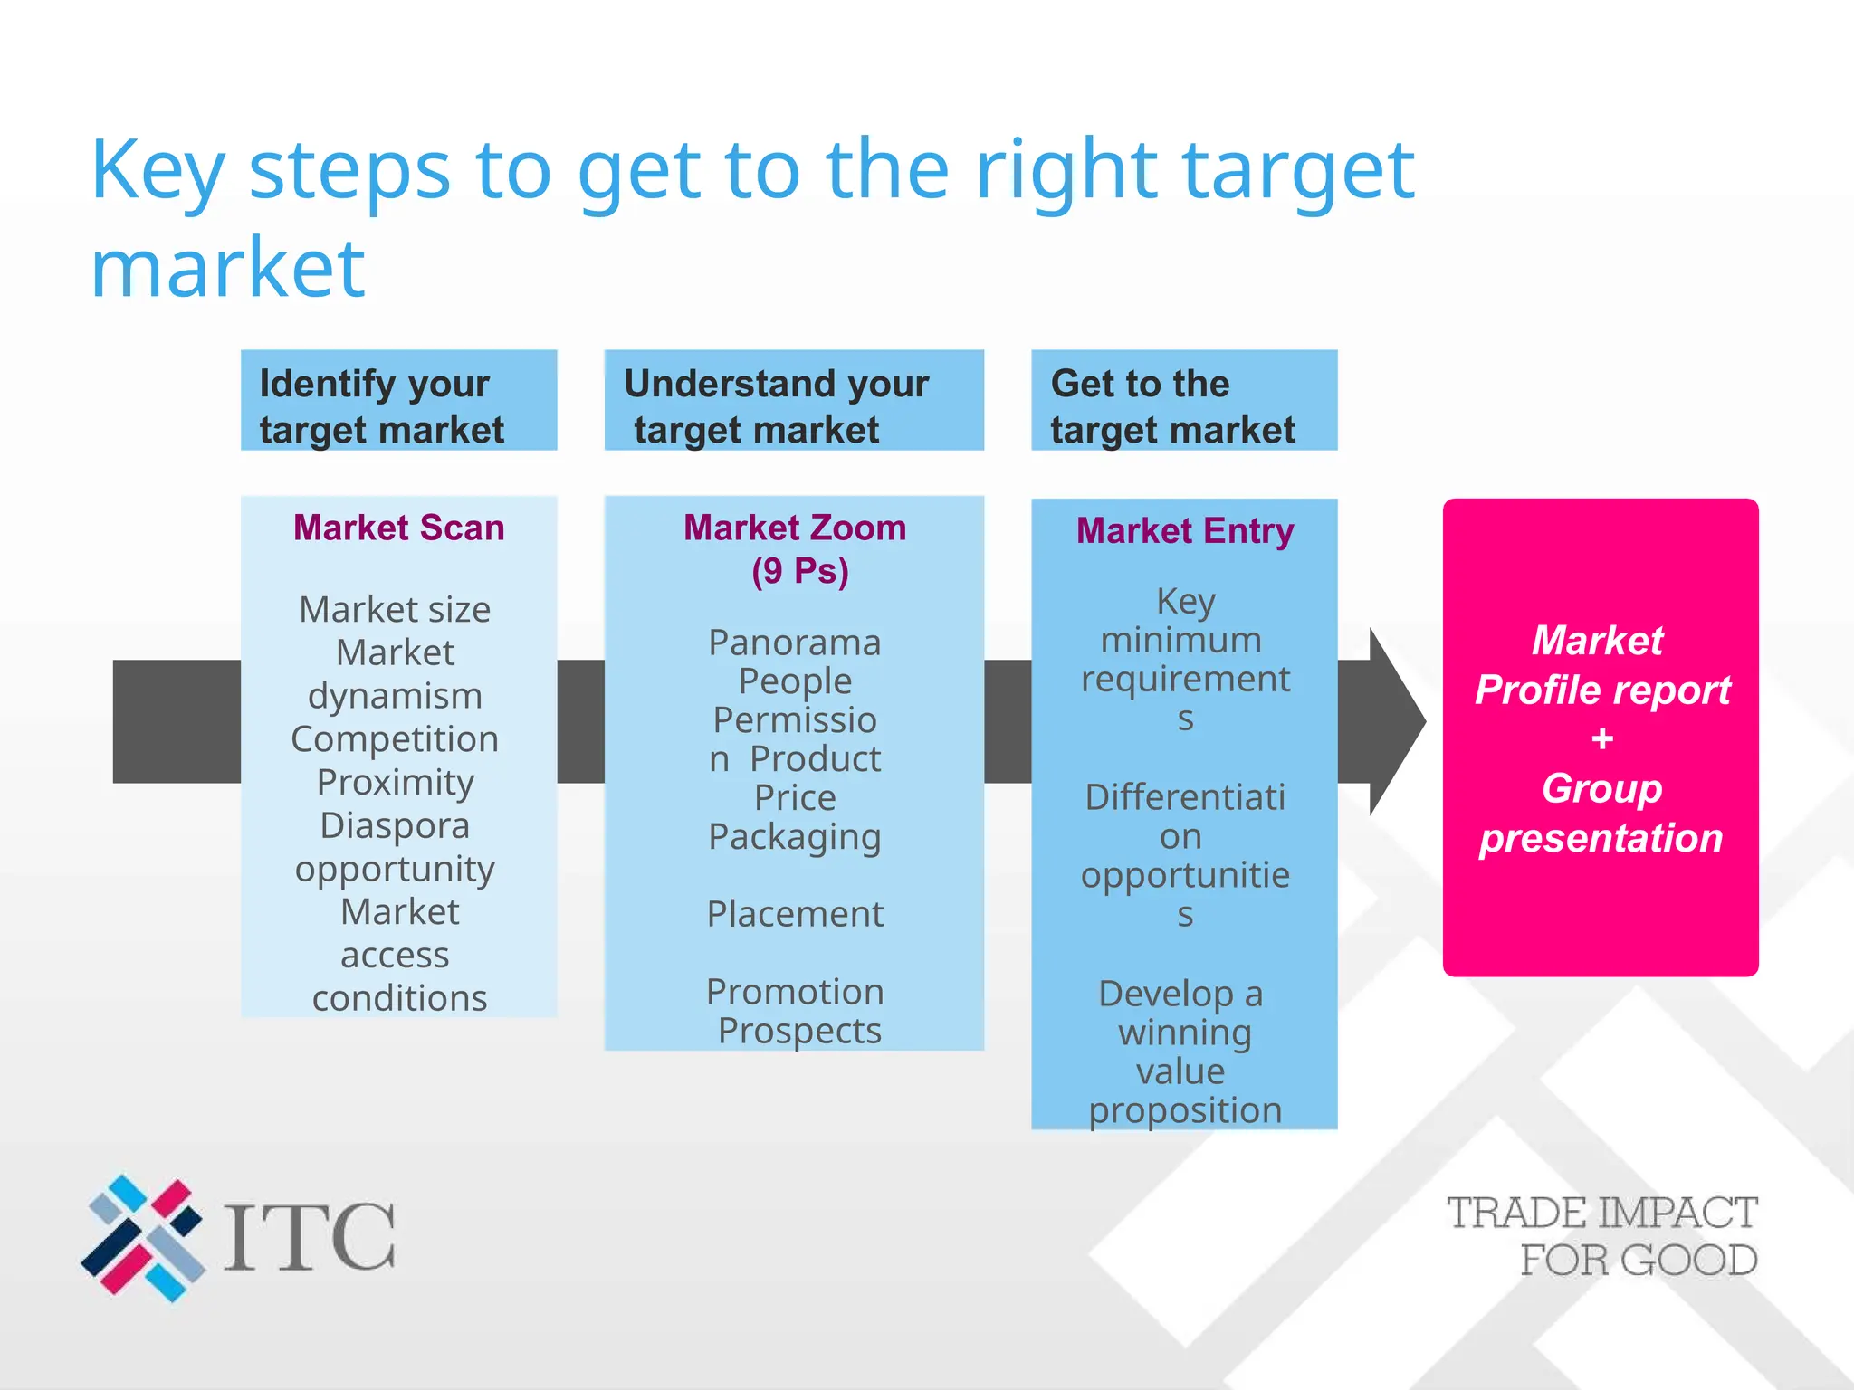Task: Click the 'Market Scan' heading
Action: pos(398,528)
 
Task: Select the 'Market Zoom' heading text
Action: pos(795,528)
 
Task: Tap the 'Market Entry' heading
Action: pos(1184,531)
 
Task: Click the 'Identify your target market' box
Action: pos(398,400)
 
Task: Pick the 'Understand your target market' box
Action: pos(793,400)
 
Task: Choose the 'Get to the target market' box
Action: pos(1183,400)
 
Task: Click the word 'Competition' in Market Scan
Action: pos(395,738)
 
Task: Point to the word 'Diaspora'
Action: pos(395,825)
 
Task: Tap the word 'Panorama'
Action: pos(795,643)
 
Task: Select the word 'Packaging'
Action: pos(795,837)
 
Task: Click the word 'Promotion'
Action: pos(795,992)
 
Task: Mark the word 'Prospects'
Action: pos(798,1031)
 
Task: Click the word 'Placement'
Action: pos(795,914)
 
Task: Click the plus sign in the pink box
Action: pos(1601,739)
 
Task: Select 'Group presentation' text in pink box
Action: pos(1601,813)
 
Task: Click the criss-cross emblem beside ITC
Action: pos(143,1237)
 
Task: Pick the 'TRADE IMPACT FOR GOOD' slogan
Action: pos(1602,1236)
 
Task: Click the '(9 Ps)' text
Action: pos(800,571)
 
